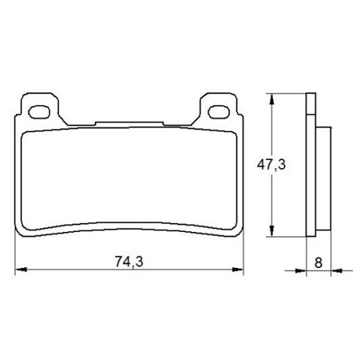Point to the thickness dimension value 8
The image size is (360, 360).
tap(318, 262)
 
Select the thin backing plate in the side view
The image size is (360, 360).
tap(309, 166)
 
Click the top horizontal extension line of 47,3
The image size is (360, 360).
tap(284, 94)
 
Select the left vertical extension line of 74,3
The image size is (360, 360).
tap(16, 256)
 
